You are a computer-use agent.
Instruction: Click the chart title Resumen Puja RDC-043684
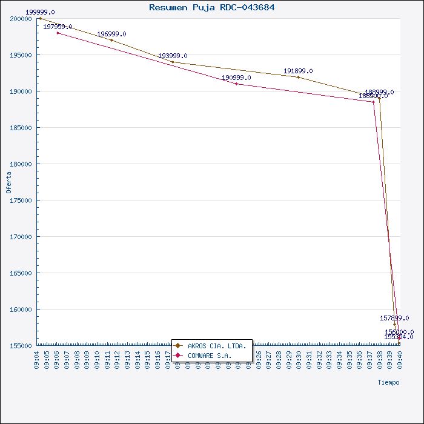pos(211,7)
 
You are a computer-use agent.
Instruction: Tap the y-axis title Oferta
pos(8,182)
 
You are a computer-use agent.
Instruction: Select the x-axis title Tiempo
pos(388,382)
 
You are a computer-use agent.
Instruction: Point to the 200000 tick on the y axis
pos(21,19)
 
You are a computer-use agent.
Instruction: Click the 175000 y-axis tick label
pos(21,200)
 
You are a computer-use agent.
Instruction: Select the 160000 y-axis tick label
pos(21,310)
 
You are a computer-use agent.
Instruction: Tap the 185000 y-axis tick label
pos(21,128)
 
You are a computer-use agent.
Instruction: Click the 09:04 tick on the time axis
pos(38,360)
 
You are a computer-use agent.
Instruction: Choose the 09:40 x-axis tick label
pos(399,360)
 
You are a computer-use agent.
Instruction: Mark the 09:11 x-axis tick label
pos(108,360)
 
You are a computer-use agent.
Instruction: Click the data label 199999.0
pos(40,12)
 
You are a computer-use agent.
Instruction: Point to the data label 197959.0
pos(58,27)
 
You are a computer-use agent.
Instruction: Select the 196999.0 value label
pos(111,34)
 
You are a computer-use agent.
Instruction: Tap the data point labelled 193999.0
pos(173,62)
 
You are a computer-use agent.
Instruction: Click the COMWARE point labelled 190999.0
pos(236,84)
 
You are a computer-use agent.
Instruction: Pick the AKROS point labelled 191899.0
pos(298,77)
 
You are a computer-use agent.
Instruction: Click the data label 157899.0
pos(394,318)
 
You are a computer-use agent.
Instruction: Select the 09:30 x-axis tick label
pos(299,360)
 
